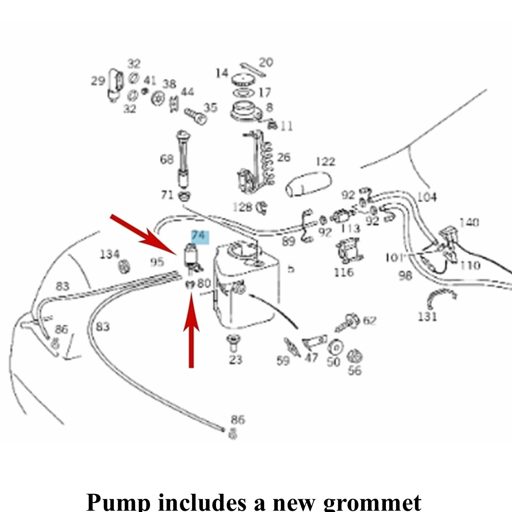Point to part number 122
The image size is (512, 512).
pos(325,162)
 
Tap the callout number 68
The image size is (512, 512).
pos(167,159)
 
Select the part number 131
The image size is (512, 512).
pos(428,316)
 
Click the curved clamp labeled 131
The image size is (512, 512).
pos(442,296)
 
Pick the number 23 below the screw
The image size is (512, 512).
pos(235,359)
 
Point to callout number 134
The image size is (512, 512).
pos(110,255)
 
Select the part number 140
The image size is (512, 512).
pos(469,222)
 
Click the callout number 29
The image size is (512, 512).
pos(98,81)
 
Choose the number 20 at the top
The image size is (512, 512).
pos(266,62)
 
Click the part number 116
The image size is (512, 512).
pos(344,272)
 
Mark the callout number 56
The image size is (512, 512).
pos(355,371)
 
